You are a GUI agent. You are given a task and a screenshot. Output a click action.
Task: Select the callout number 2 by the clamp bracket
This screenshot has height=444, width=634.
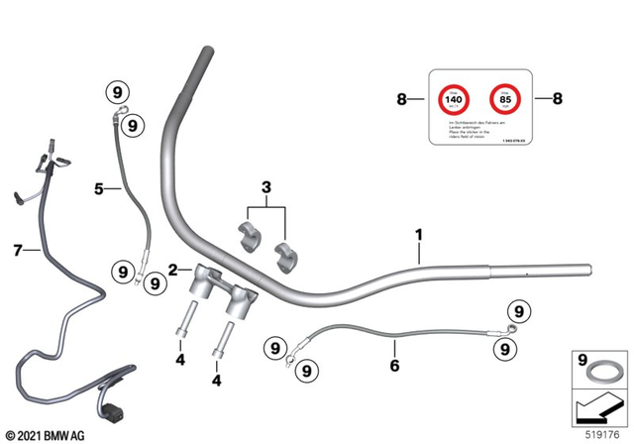coord(172,270)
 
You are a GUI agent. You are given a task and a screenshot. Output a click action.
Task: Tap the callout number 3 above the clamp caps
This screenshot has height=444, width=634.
coord(265,187)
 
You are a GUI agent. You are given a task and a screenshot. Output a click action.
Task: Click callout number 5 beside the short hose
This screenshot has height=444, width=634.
coord(99,186)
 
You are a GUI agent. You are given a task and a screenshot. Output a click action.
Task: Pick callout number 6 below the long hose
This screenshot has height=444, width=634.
coord(394,366)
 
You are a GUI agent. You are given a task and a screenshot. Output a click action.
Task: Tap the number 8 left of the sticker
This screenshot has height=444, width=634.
coord(402,99)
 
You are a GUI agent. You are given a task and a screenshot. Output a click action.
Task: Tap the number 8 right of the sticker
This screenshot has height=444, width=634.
coord(557,99)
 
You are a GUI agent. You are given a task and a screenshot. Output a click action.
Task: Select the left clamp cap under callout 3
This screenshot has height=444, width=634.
coord(248,238)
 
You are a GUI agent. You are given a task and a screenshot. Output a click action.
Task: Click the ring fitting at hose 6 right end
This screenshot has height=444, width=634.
coord(511,325)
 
